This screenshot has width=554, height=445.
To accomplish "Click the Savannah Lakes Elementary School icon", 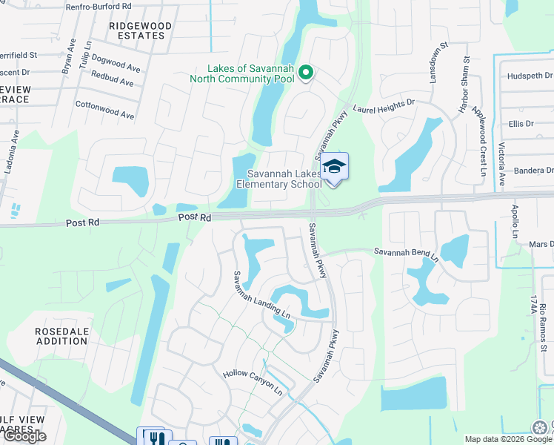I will [x=335, y=166].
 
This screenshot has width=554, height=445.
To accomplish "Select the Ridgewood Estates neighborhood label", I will [x=140, y=30].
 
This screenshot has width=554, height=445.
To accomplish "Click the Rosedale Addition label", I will [x=61, y=336].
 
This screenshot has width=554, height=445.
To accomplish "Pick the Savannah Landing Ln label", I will [x=261, y=296].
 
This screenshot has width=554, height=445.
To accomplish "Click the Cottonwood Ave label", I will [x=104, y=110].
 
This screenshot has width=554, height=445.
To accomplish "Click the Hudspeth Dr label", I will [x=530, y=76].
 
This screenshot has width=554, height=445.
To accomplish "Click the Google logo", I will [x=24, y=436].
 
